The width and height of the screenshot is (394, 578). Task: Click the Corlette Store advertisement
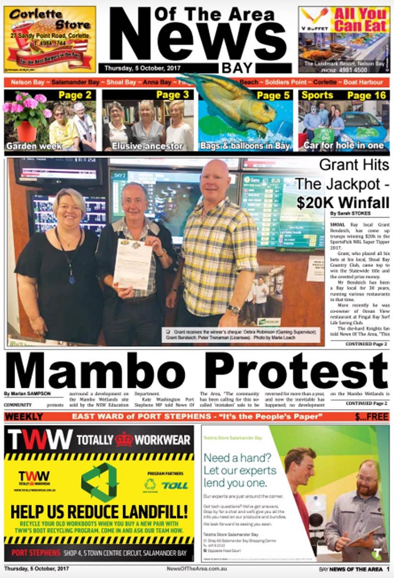coord(50,39)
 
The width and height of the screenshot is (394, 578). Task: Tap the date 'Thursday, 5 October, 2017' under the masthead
coord(142,68)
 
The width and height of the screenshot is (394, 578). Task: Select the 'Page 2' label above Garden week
coord(75,95)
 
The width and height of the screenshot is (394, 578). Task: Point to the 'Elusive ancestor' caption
coord(147,146)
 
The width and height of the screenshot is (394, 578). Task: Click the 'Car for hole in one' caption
coord(344,145)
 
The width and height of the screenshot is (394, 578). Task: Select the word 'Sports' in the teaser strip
coord(317,95)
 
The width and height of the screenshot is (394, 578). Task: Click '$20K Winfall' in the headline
coord(342,202)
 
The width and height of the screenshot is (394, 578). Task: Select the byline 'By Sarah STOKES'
coord(350,213)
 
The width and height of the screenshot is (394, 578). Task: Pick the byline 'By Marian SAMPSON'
coord(28,394)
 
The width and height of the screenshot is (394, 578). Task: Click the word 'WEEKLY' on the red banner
coord(24,417)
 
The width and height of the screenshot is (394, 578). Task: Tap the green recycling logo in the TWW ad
coord(100,482)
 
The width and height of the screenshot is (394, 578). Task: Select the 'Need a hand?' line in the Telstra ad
coord(237,458)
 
